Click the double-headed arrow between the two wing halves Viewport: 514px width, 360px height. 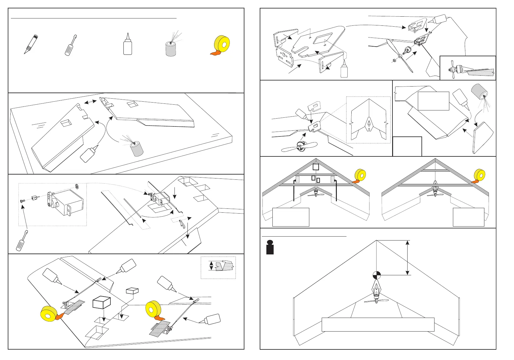tap(90, 103)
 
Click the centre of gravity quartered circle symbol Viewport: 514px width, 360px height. tap(376, 275)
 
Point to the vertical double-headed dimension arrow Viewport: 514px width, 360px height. tap(408, 257)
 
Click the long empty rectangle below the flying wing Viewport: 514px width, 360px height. tap(378, 325)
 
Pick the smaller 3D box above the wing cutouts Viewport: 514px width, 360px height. tap(132, 290)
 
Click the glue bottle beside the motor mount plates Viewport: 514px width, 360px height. tap(344, 70)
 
